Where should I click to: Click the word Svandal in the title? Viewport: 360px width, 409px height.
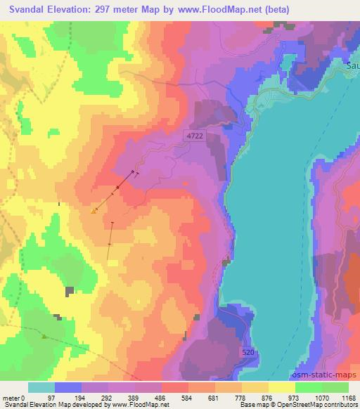(30, 8)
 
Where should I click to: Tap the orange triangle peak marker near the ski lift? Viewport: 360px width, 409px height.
(94, 210)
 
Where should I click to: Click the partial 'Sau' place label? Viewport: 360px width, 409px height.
(353, 66)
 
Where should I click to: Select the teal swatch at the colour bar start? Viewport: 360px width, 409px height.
(41, 387)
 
